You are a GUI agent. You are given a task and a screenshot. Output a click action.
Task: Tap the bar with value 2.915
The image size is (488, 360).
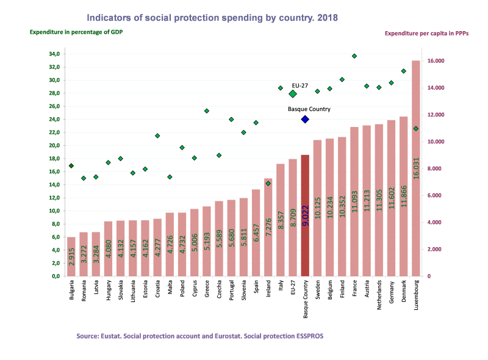tap(71, 256)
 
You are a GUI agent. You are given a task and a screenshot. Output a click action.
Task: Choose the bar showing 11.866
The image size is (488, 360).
tap(403, 196)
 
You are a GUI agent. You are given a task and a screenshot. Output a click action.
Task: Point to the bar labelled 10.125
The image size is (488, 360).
tap(317, 208)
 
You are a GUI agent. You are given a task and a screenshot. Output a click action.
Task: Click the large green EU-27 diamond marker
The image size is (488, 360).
tap(293, 94)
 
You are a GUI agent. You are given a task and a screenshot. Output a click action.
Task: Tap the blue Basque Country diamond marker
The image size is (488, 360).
tap(305, 119)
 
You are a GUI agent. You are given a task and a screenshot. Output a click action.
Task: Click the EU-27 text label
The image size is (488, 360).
tap(300, 85)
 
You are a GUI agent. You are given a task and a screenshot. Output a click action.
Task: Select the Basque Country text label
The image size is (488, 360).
tap(309, 109)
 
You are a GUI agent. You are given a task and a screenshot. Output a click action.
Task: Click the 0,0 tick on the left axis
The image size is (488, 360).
tap(56, 276)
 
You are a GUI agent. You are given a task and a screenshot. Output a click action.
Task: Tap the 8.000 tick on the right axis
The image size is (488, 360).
tap(435, 168)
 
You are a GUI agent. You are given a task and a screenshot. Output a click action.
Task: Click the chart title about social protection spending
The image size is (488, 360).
tap(212, 18)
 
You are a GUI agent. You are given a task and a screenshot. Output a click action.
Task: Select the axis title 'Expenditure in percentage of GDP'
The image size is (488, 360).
tap(76, 31)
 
